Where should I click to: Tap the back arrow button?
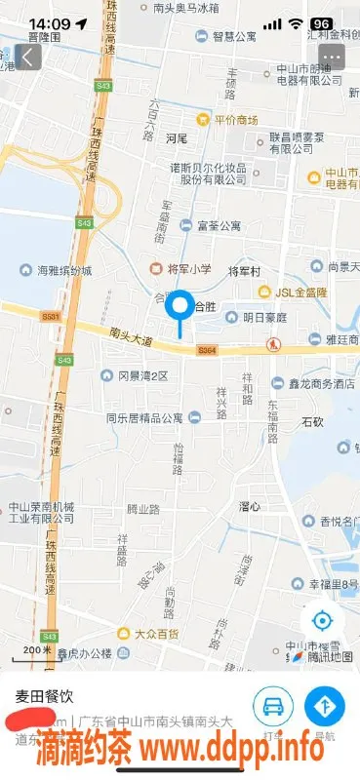pyautogui.click(x=27, y=58)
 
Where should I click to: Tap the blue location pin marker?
pyautogui.click(x=180, y=308)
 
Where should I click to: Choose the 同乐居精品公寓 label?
pyautogui.click(x=154, y=417)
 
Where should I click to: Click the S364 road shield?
pyautogui.click(x=205, y=349)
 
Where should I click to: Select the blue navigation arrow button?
pyautogui.click(x=324, y=704)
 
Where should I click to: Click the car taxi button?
pyautogui.click(x=274, y=704)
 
